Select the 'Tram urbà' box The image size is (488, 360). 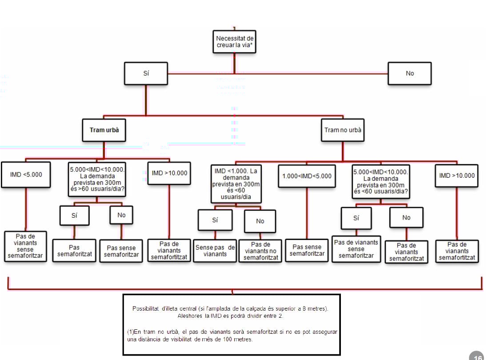[x=104, y=130]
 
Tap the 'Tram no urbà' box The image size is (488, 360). [x=342, y=130]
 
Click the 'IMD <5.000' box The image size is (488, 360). [x=26, y=174]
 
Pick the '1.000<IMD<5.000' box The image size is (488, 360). [x=307, y=176]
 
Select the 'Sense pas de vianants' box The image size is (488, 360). [x=215, y=251]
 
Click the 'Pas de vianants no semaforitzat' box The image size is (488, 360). [x=260, y=251]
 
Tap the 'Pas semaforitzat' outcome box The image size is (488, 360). [x=74, y=250]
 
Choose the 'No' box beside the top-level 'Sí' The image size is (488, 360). [x=409, y=73]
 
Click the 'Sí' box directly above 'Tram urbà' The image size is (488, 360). [x=146, y=73]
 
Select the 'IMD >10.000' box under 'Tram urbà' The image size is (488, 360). [x=169, y=173]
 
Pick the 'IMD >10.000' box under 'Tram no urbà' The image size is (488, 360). [x=457, y=175]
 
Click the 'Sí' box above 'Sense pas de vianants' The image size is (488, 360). [x=215, y=220]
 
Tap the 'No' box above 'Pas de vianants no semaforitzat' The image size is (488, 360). [x=260, y=221]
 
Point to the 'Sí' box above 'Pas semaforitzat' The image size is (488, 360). [x=74, y=215]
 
